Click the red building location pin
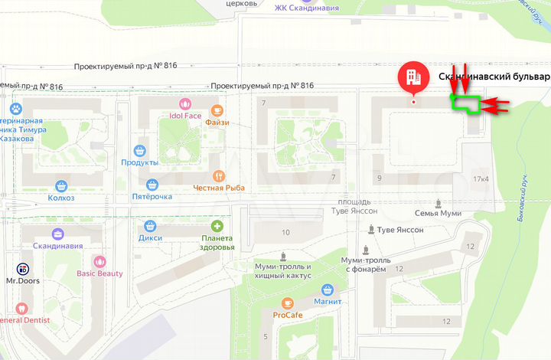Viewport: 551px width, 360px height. click(x=413, y=76)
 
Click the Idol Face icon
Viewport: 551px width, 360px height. click(x=184, y=103)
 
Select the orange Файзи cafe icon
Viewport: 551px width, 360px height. click(x=217, y=110)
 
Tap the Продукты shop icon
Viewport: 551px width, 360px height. click(x=139, y=151)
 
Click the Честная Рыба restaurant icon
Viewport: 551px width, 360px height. click(x=219, y=175)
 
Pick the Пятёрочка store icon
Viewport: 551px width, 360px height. click(x=152, y=185)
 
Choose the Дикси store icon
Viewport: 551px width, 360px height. click(x=150, y=226)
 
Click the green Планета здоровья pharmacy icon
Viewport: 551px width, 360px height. click(x=217, y=226)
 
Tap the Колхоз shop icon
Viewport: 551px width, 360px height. click(x=61, y=185)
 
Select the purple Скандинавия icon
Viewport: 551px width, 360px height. click(x=58, y=234)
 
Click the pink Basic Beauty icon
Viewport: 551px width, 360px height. click(x=99, y=262)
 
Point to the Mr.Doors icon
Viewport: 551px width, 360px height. click(x=22, y=269)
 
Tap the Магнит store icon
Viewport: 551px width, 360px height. click(x=328, y=289)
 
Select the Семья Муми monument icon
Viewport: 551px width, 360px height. click(x=438, y=203)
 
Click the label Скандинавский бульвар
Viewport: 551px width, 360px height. click(x=494, y=77)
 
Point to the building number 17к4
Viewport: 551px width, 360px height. click(x=481, y=179)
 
